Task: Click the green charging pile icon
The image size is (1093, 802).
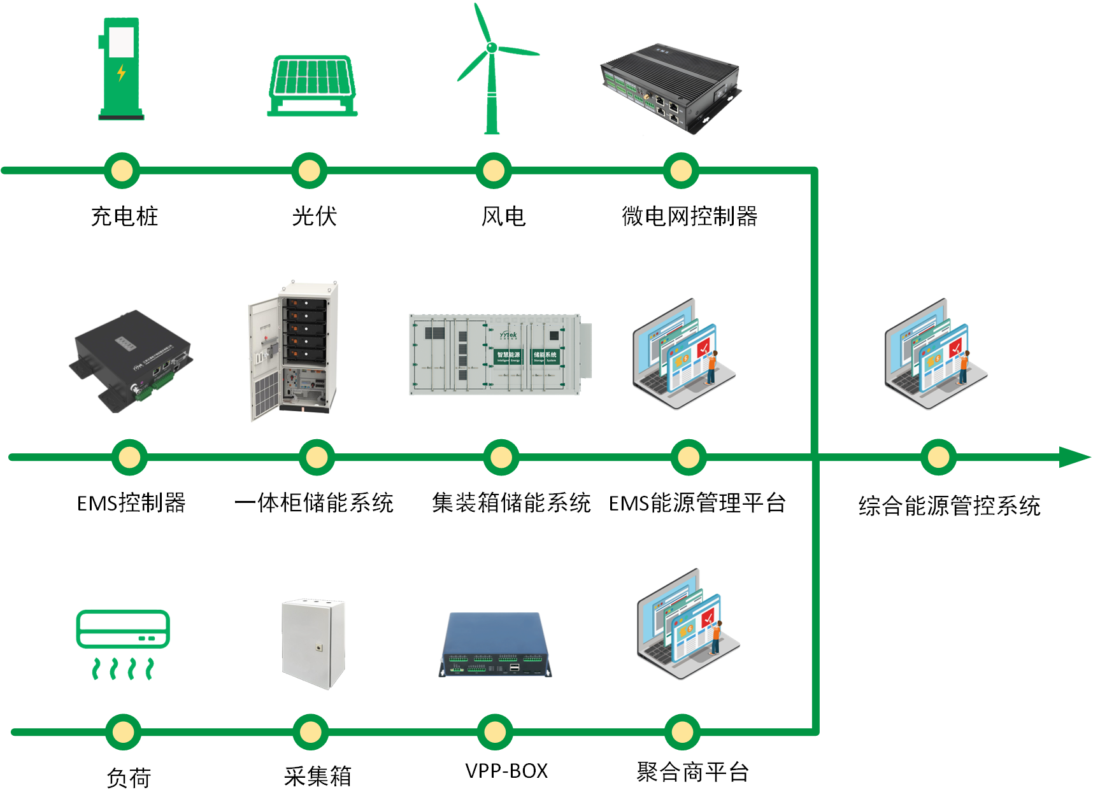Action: tap(121, 69)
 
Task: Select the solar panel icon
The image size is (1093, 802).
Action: tap(312, 86)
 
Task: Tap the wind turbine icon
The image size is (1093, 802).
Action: tap(492, 70)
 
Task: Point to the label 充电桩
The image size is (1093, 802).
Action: tap(124, 216)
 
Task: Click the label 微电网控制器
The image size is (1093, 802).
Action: tap(689, 216)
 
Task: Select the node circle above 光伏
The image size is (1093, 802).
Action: tap(310, 171)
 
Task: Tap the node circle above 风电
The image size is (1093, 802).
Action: tap(494, 171)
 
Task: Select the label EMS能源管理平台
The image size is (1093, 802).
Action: tap(697, 503)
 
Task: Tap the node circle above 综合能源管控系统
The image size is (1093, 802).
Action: tap(938, 457)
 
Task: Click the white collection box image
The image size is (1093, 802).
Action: tap(313, 643)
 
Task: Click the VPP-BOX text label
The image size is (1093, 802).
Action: tap(506, 771)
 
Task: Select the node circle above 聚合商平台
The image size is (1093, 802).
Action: tap(682, 732)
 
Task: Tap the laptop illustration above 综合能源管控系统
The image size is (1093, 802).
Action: tap(935, 354)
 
